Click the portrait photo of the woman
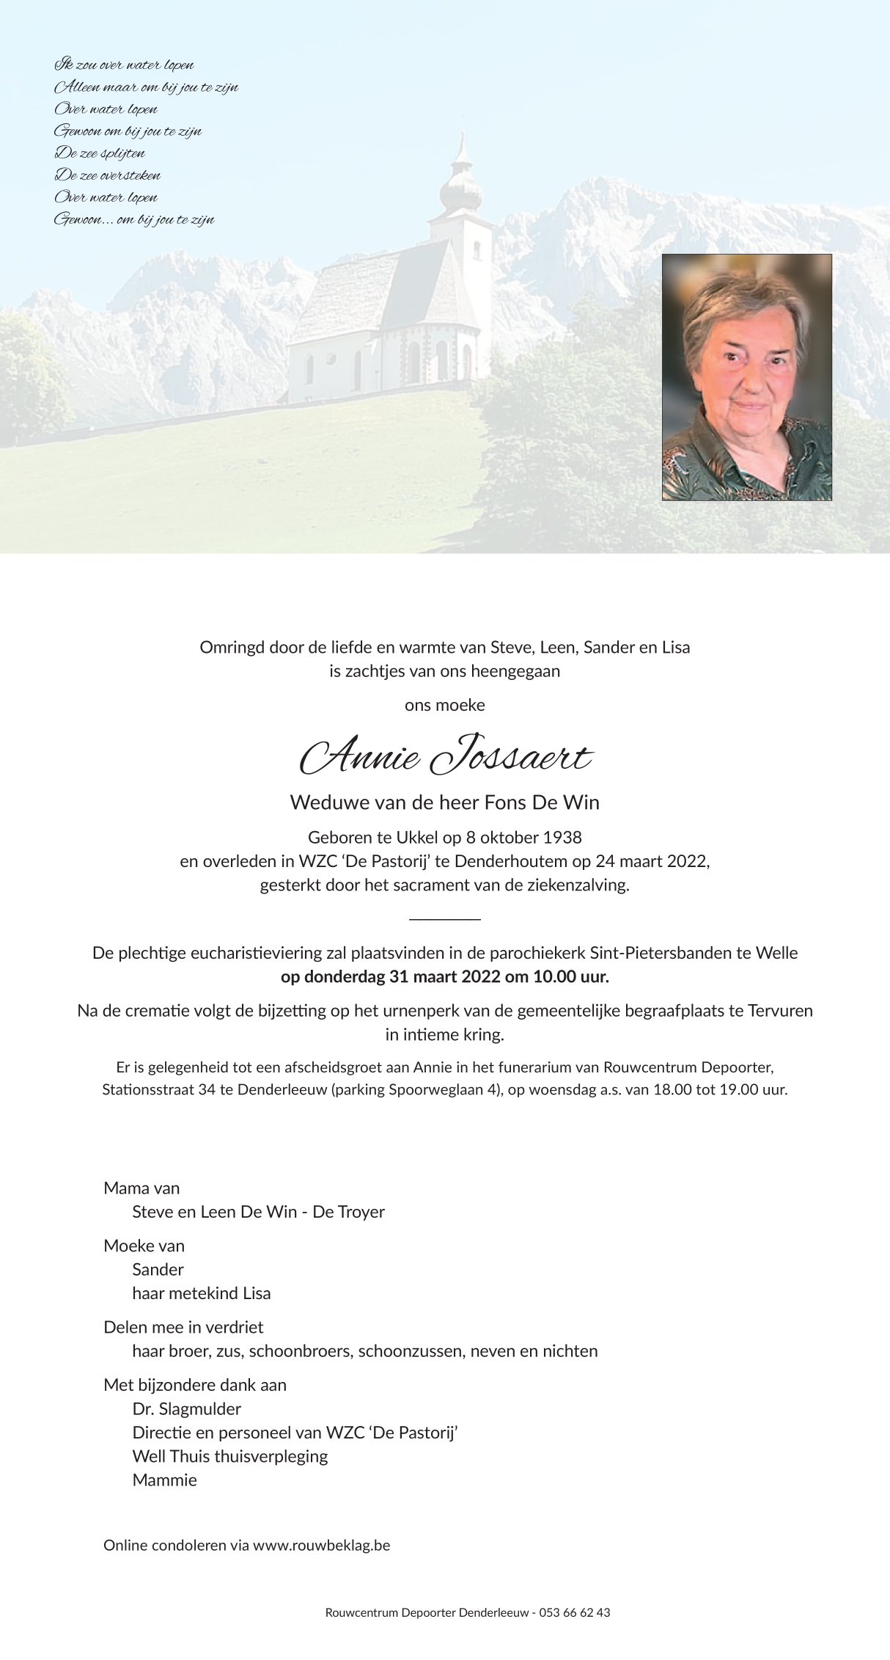click(x=746, y=377)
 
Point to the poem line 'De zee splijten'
click(x=100, y=153)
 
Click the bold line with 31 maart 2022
click(x=445, y=977)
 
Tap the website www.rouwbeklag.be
click(x=321, y=1546)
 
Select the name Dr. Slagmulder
click(x=186, y=1409)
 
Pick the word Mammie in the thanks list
click(x=164, y=1480)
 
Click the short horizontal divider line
click(x=445, y=919)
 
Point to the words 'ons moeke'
click(x=445, y=706)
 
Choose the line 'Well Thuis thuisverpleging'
click(x=229, y=1456)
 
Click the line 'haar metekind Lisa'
click(x=201, y=1293)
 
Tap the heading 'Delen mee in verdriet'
click(x=183, y=1327)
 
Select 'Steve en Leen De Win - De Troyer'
click(x=258, y=1212)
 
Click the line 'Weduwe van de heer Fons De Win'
click(x=445, y=802)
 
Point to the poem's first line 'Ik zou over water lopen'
click(x=124, y=65)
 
